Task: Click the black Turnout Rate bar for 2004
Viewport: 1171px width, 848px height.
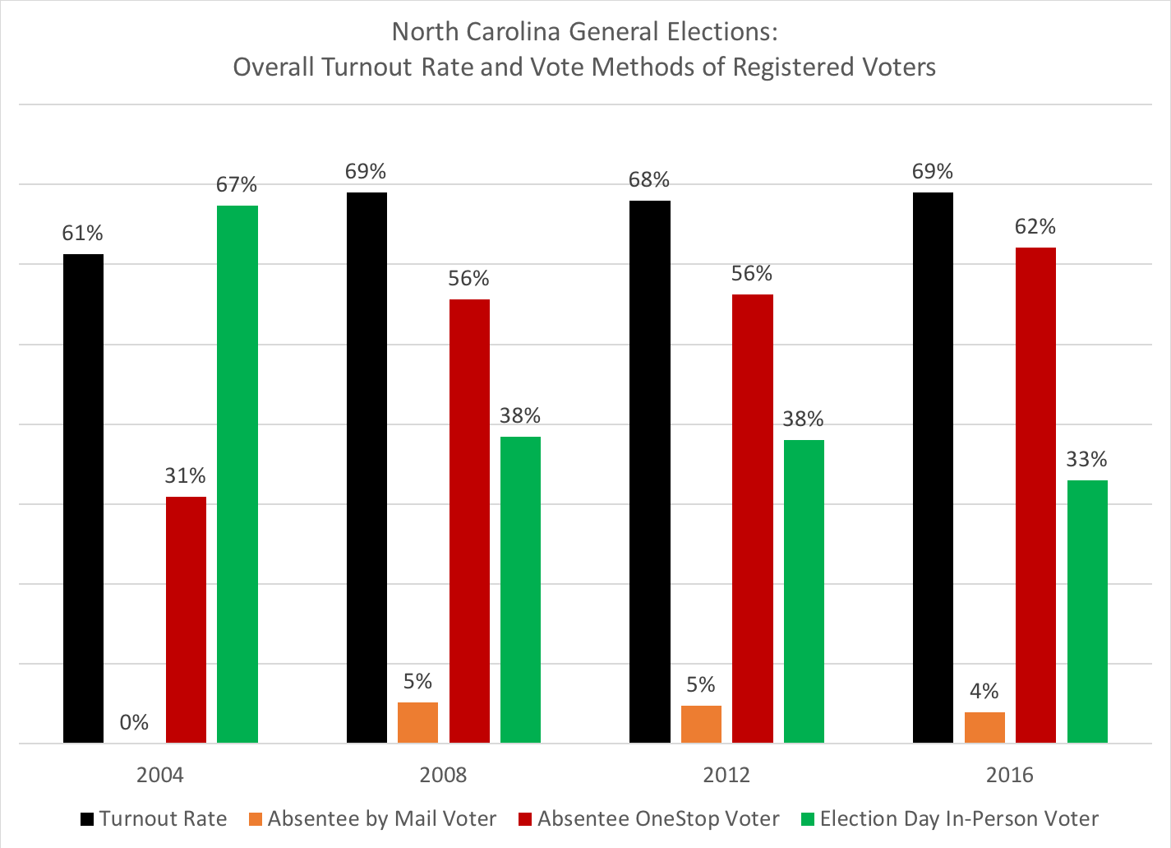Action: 83,498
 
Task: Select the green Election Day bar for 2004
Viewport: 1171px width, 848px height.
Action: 237,475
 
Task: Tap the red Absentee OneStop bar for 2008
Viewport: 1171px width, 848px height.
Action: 469,521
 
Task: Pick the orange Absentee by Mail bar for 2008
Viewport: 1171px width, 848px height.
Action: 417,723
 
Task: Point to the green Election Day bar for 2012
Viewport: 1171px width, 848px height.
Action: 804,591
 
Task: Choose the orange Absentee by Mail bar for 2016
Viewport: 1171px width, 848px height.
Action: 984,728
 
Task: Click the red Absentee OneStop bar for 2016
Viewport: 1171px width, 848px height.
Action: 1035,495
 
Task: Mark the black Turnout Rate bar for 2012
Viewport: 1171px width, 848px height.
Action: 650,472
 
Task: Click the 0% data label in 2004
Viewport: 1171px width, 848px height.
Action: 134,723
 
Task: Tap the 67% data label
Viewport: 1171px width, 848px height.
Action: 237,185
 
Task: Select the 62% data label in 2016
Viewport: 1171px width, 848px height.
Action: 1035,227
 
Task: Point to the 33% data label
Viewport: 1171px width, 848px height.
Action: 1086,460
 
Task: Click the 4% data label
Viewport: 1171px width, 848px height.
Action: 984,692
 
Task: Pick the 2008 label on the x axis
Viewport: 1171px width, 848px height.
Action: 443,775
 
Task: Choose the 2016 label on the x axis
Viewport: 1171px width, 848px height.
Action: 1010,775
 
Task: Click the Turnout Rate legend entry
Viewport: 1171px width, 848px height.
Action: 154,819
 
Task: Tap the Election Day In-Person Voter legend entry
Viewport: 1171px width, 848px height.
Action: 950,819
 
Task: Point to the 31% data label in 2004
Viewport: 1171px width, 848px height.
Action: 186,476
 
